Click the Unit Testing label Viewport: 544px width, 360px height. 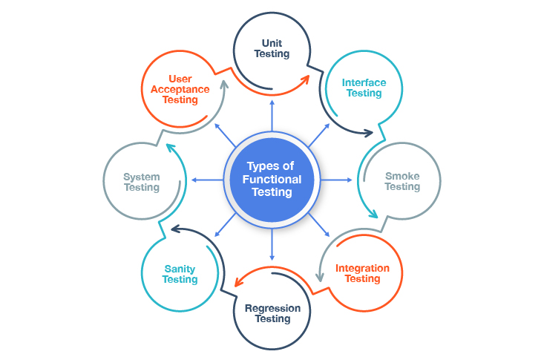pos(272,49)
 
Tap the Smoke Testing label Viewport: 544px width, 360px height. pos(402,181)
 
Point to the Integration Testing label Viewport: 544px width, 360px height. pos(362,273)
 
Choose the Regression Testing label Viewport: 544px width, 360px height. pos(272,313)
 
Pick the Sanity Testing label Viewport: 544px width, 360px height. pos(180,274)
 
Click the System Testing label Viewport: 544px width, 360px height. pos(141,182)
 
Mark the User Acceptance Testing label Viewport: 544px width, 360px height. pos(180,89)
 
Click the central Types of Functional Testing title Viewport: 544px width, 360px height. pos(271,180)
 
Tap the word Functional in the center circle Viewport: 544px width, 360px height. pos(271,180)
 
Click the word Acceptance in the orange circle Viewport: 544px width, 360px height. pos(180,89)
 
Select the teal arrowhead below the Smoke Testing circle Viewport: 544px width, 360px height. pos(372,215)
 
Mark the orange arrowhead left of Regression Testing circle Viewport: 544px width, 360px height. pos(238,281)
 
